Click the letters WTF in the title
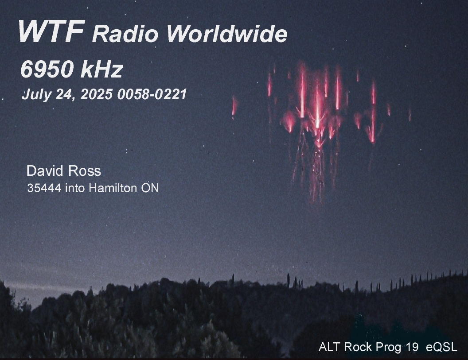[51, 31]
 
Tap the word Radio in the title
[125, 34]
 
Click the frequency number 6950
[47, 69]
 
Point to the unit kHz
[101, 69]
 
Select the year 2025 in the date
[97, 94]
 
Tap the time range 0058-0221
[152, 94]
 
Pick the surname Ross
[85, 171]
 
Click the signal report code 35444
[44, 188]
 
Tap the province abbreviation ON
[150, 188]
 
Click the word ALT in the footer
[330, 347]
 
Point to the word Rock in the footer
[358, 347]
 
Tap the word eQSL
[441, 347]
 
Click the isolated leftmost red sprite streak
[234, 106]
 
